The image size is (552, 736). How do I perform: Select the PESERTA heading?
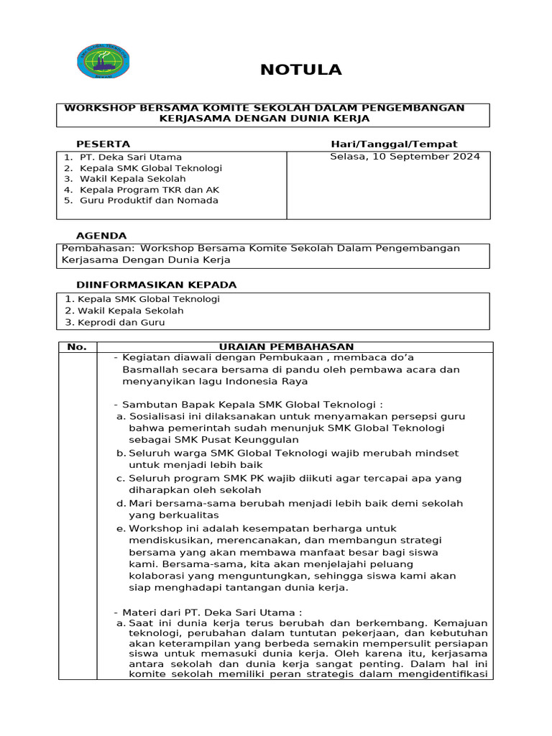pyautogui.click(x=103, y=144)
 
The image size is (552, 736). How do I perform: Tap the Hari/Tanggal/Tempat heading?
pyautogui.click(x=394, y=144)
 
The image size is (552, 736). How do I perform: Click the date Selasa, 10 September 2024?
pyautogui.click(x=405, y=157)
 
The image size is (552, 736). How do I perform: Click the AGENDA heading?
pyautogui.click(x=101, y=236)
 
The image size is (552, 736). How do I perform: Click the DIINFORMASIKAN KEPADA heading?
pyautogui.click(x=156, y=285)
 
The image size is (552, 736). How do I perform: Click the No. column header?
pyautogui.click(x=77, y=347)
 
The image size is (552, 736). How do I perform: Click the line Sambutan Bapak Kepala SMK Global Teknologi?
pyautogui.click(x=252, y=405)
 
